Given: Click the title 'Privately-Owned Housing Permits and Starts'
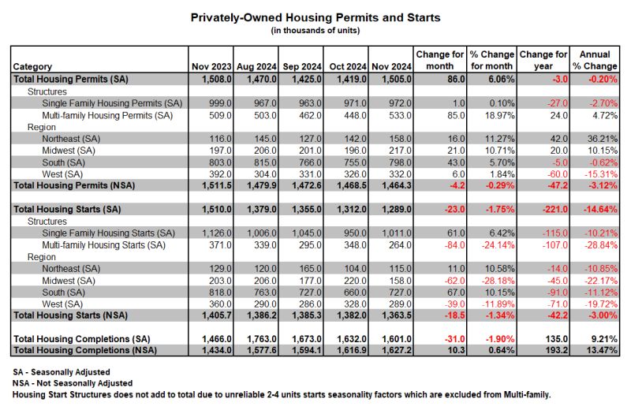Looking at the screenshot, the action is coord(315,17).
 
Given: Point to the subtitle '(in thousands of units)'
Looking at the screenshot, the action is coord(315,31).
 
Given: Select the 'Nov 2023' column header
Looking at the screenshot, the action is coord(211,66).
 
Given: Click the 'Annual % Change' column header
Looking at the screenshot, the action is coord(595,61).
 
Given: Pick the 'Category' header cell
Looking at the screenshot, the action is coord(32,67).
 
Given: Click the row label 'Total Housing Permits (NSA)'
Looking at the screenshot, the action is coord(74,185).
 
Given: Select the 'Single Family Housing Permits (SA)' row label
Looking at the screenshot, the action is coord(112,103).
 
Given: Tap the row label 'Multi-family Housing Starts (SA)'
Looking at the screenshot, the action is coord(103,245).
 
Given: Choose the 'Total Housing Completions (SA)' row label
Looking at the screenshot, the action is coord(82,339).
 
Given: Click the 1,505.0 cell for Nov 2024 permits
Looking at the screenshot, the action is coord(391,80).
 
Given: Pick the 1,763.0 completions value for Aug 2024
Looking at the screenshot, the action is coord(262,339).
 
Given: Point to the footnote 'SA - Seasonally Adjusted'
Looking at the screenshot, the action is coord(62,372).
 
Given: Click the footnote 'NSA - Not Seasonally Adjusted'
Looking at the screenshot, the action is coord(73,383).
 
